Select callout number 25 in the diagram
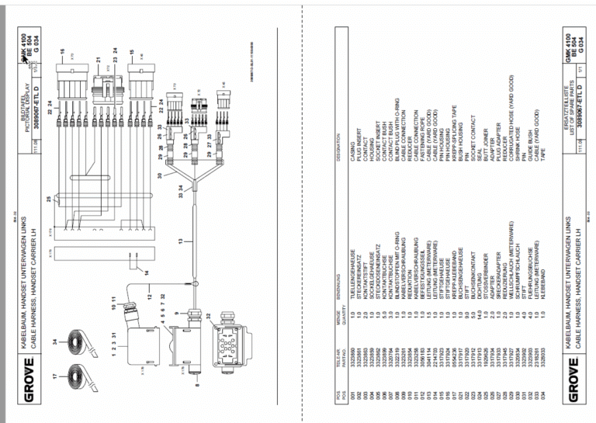click(50, 201)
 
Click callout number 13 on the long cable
click(181, 244)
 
